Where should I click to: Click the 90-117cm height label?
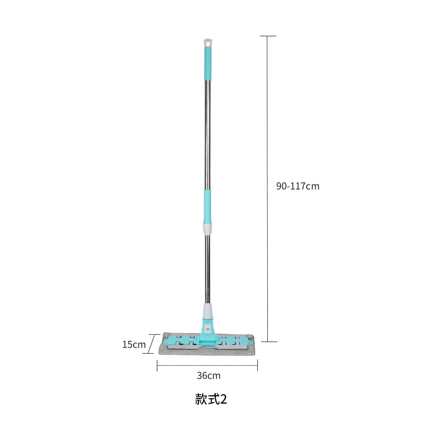coord(298,186)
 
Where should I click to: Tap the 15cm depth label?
coord(134,345)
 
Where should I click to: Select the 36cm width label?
coord(208,375)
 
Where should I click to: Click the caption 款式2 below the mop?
coord(211,399)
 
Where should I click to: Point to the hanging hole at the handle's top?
coord(208,42)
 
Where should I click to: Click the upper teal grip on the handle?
coord(207,63)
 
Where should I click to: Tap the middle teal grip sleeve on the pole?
coord(207,206)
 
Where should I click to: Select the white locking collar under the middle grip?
coord(207,229)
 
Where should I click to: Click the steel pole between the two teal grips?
coord(207,135)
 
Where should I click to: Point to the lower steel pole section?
coord(207,269)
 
